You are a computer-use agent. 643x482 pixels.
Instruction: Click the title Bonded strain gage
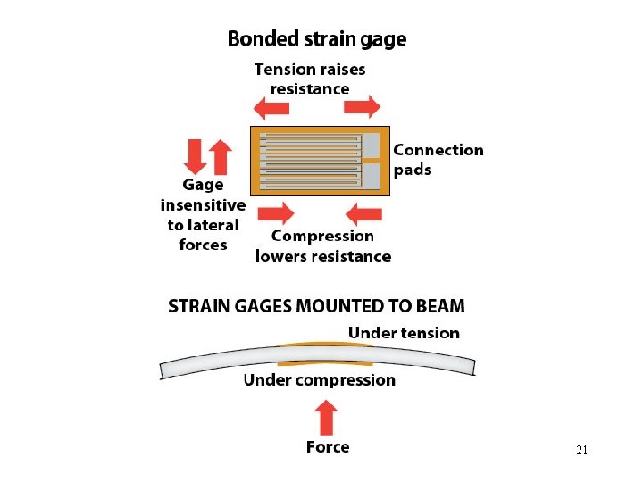pyautogui.click(x=317, y=39)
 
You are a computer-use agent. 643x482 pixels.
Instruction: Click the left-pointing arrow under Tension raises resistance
pyautogui.click(x=271, y=108)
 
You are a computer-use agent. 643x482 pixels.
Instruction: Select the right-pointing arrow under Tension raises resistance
pyautogui.click(x=362, y=106)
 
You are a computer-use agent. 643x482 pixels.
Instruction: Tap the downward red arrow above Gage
pyautogui.click(x=195, y=156)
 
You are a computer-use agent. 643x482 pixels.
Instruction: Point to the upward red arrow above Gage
pyautogui.click(x=221, y=157)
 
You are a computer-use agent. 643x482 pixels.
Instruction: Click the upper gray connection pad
pyautogui.click(x=372, y=145)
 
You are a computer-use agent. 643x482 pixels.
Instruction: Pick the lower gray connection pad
pyautogui.click(x=372, y=176)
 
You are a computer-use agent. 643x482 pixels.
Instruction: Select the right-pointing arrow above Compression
pyautogui.click(x=276, y=213)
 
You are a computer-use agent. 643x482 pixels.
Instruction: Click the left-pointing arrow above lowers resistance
pyautogui.click(x=363, y=214)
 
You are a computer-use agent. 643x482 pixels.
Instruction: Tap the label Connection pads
pyautogui.click(x=438, y=160)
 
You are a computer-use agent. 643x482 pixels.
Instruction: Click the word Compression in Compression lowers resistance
pyautogui.click(x=322, y=237)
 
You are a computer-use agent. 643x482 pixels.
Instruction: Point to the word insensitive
pyautogui.click(x=203, y=205)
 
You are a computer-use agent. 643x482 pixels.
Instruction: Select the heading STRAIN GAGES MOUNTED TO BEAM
pyautogui.click(x=316, y=306)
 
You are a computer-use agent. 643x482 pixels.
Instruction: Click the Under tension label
pyautogui.click(x=404, y=333)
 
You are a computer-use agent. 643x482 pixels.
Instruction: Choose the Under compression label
pyautogui.click(x=320, y=380)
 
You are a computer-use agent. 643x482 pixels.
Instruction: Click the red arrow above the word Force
pyautogui.click(x=326, y=418)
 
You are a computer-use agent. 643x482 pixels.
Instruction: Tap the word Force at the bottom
pyautogui.click(x=328, y=447)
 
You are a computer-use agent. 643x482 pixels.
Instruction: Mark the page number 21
pyautogui.click(x=581, y=450)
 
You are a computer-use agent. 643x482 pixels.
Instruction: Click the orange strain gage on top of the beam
pyautogui.click(x=324, y=344)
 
